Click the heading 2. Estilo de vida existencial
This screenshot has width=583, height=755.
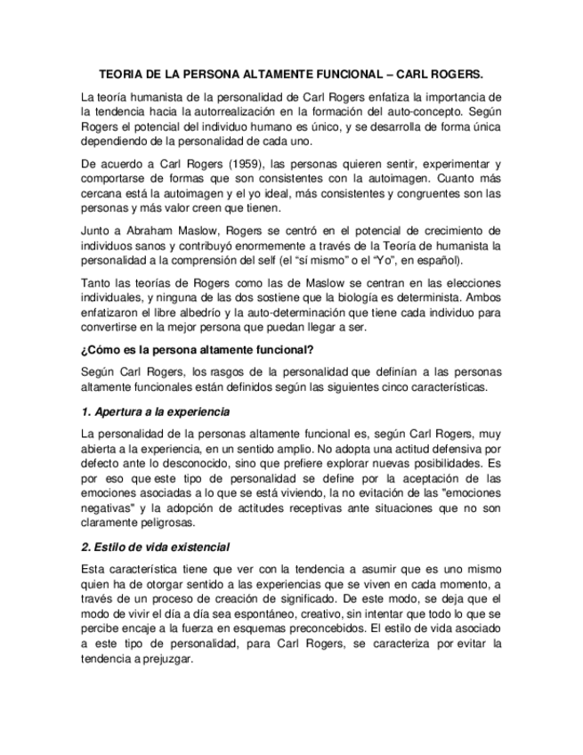pos(156,546)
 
